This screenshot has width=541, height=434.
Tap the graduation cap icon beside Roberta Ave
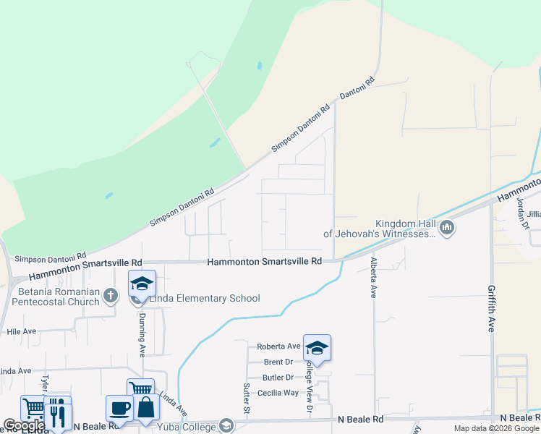(x=317, y=349)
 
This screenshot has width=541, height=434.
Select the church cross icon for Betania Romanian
(x=110, y=294)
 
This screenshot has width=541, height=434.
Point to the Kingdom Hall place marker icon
(x=447, y=229)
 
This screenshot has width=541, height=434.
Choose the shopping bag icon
(x=145, y=408)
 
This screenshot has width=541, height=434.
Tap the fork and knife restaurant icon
(x=58, y=414)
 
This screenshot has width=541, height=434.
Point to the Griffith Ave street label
(x=491, y=307)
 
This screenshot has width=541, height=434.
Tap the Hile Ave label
(x=21, y=331)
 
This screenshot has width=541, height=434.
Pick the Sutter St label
(x=247, y=399)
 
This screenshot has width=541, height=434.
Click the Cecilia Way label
(x=281, y=393)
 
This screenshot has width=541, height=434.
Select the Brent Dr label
(x=278, y=362)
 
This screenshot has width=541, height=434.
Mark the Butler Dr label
(x=278, y=378)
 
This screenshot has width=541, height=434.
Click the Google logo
(x=23, y=425)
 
